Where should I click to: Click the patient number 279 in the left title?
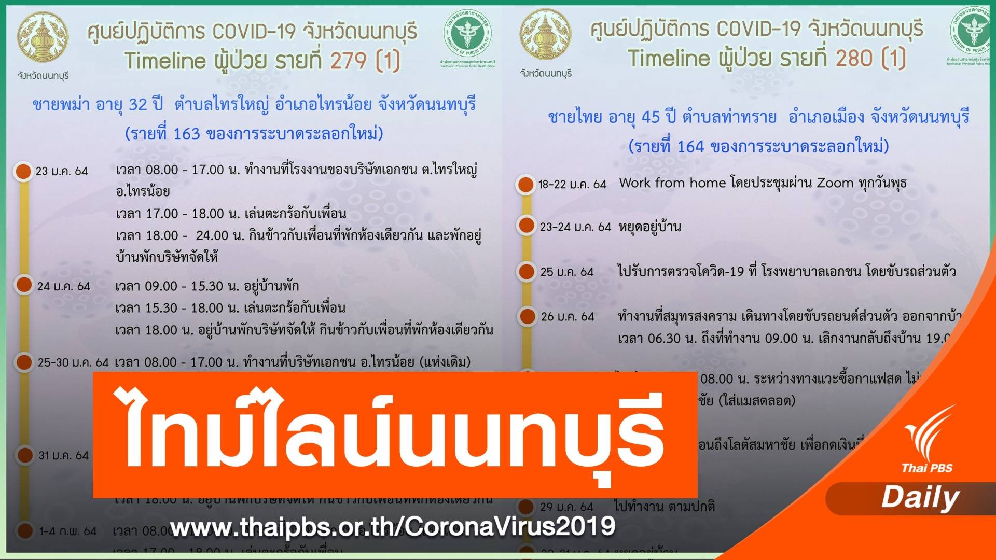[349, 61]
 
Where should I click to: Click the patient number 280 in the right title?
[854, 58]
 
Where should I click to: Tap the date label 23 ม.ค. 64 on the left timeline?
[62, 171]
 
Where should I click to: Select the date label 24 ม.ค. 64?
[63, 286]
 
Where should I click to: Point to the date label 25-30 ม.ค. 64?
[73, 362]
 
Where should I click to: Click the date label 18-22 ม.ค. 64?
[572, 184]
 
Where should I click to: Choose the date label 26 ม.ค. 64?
[568, 316]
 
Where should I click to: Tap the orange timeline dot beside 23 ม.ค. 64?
[23, 171]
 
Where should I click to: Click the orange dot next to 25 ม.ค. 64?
[526, 271]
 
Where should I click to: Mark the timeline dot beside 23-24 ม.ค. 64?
[526, 226]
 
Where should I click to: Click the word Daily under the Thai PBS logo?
[920, 497]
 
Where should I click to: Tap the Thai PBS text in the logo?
[926, 468]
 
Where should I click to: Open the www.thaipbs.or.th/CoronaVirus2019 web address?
[392, 527]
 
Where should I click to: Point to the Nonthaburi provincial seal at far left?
[43, 37]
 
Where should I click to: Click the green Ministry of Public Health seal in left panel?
[467, 35]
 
